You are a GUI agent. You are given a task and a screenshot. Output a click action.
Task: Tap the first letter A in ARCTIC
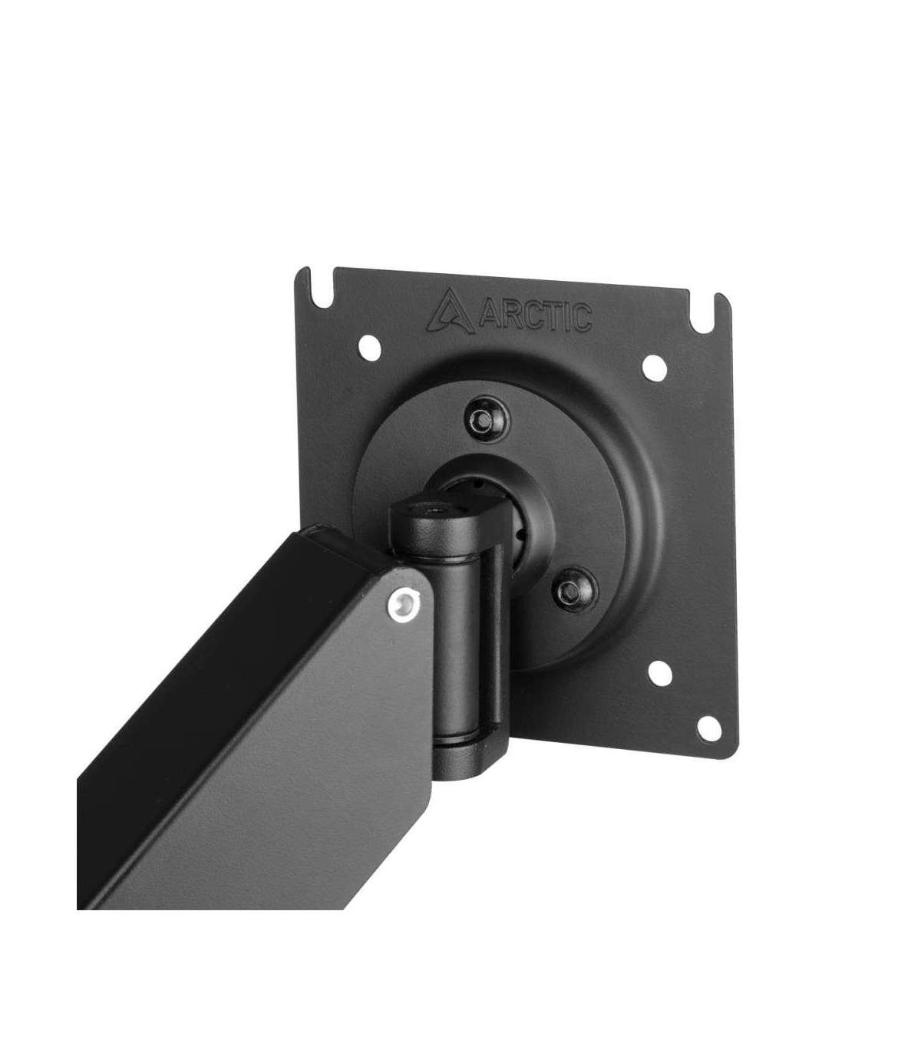(x=489, y=314)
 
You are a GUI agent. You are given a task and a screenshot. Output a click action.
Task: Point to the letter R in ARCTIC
(x=512, y=315)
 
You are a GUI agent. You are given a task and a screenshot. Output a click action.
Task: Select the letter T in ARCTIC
(x=555, y=316)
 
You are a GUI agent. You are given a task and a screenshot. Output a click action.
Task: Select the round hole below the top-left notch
(x=370, y=348)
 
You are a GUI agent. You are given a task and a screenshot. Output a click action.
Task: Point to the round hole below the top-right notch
(x=655, y=368)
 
